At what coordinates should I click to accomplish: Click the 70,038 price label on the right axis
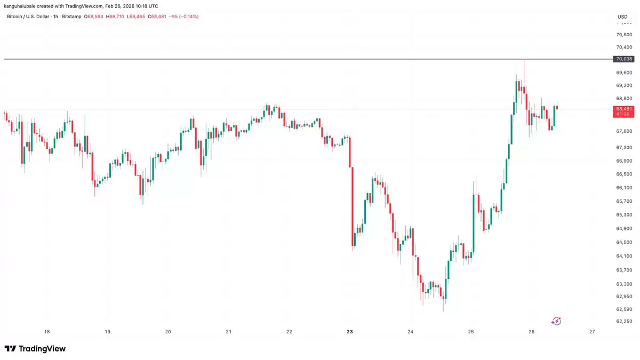(x=624, y=59)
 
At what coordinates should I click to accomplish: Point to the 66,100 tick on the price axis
(x=624, y=188)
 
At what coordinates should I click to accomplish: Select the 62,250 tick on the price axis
(x=624, y=321)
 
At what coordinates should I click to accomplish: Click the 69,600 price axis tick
(x=624, y=73)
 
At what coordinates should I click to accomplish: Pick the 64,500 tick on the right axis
(x=624, y=242)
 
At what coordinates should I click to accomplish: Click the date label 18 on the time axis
(x=47, y=332)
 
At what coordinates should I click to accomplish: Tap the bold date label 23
(x=350, y=332)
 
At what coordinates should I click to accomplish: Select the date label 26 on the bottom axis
(x=532, y=332)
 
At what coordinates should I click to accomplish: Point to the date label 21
(x=229, y=332)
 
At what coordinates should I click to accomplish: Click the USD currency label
(x=622, y=17)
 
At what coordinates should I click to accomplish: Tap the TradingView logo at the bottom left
(x=35, y=349)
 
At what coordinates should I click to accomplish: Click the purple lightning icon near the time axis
(x=556, y=321)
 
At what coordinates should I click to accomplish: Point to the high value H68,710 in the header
(x=116, y=17)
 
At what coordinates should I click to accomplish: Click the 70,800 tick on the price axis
(x=624, y=35)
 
